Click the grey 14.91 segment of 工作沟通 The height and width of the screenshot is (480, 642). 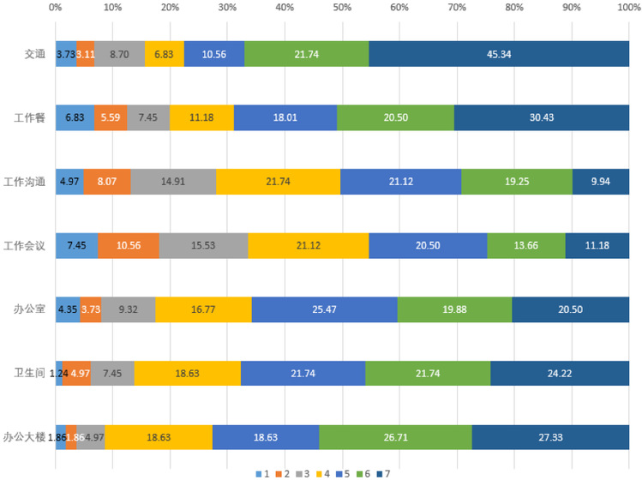click(173, 182)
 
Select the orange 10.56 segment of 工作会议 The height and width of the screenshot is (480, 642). click(128, 245)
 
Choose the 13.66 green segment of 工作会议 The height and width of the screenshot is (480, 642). click(526, 245)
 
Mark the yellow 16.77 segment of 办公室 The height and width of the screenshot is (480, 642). click(203, 309)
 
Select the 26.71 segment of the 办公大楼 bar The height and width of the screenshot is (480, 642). click(395, 437)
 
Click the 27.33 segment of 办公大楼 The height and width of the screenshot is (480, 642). click(550, 437)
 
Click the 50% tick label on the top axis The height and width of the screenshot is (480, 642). click(342, 9)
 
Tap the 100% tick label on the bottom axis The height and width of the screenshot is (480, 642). click(627, 463)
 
